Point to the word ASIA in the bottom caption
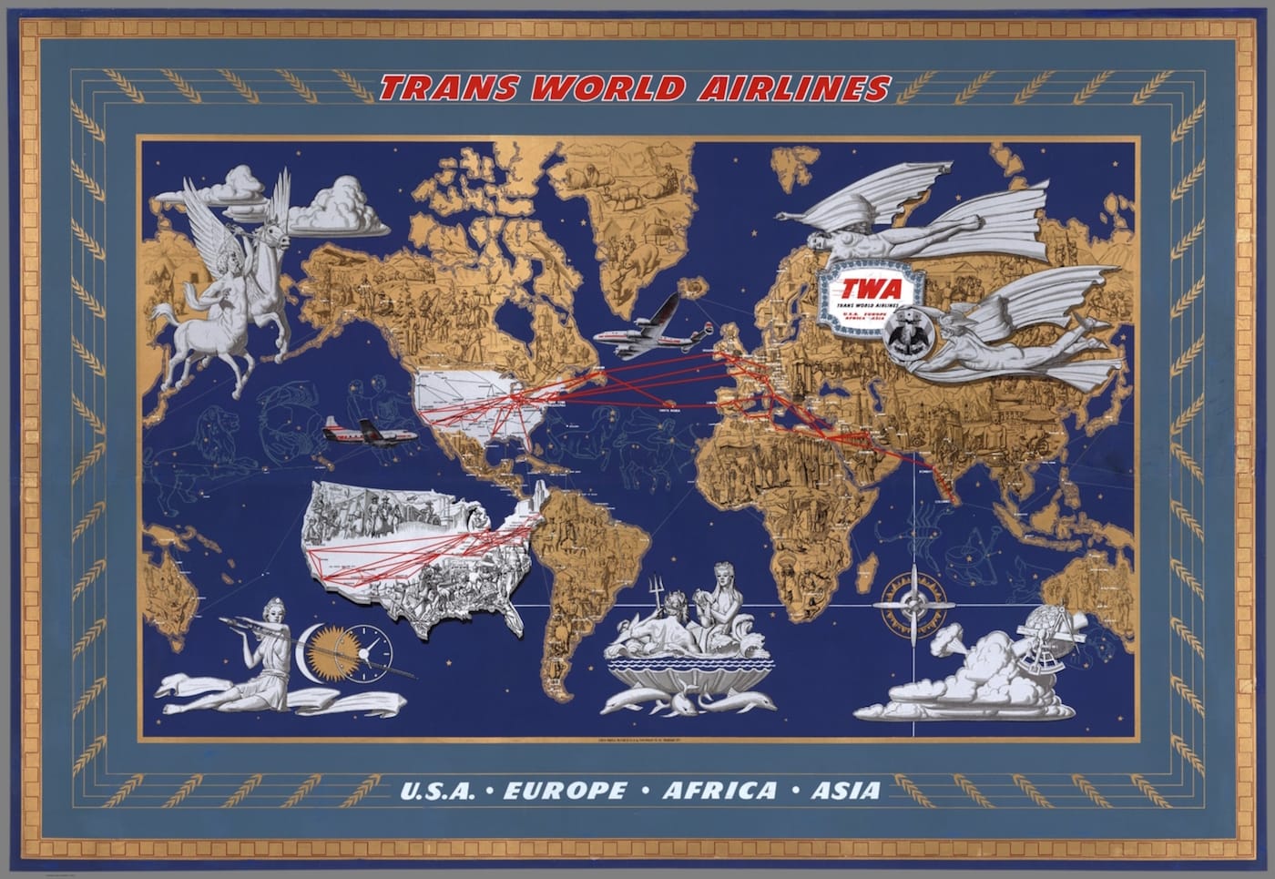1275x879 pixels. click(846, 790)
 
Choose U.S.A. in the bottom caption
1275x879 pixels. click(437, 790)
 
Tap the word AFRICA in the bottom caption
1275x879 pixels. click(719, 790)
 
